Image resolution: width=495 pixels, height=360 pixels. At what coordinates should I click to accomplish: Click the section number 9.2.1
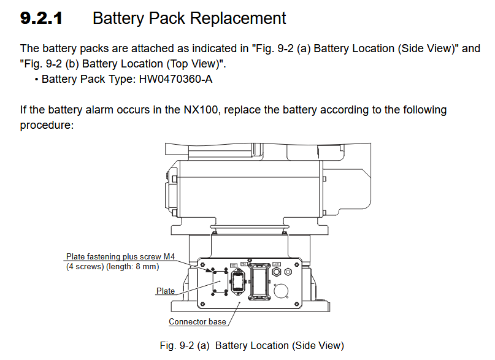coord(41,18)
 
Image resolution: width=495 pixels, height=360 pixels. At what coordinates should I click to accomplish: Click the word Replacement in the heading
coord(238,18)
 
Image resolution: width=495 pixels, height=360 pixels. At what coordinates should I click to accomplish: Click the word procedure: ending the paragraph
coord(47,124)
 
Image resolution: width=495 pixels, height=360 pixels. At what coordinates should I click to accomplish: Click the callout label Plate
coord(166,291)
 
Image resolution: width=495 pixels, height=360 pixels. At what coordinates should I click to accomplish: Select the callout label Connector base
coord(197,321)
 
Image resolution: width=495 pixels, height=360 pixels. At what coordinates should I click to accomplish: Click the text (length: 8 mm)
coord(136,266)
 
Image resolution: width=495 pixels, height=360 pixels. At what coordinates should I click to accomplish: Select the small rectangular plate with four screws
coord(220,283)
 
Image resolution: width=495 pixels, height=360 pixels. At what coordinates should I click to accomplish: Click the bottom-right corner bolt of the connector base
coord(296,302)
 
